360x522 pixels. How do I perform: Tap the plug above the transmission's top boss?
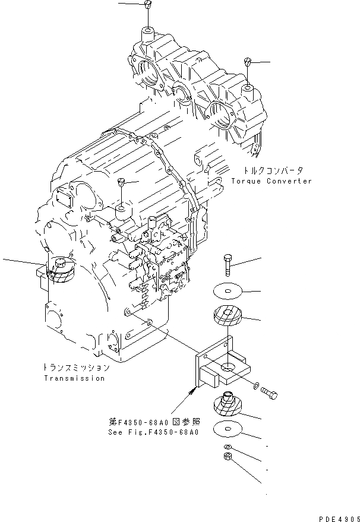(x=121, y=182)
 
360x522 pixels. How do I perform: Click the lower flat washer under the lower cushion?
(x=228, y=428)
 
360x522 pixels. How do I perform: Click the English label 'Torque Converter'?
(x=271, y=181)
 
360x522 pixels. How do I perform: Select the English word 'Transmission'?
(x=74, y=378)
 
